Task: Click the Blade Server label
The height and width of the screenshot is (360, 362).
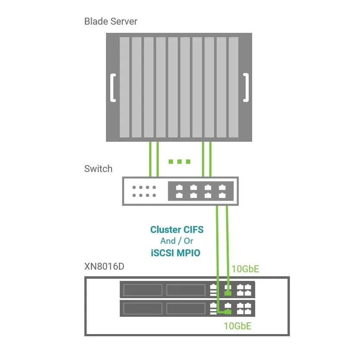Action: click(111, 21)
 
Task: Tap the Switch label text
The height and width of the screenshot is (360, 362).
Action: click(98, 169)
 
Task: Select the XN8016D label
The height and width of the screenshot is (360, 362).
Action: click(104, 266)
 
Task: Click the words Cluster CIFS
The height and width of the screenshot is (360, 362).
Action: click(176, 229)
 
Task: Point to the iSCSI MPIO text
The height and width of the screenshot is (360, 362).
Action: click(176, 253)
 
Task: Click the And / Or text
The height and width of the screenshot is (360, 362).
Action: click(176, 241)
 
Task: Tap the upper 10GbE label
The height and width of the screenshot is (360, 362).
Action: click(245, 269)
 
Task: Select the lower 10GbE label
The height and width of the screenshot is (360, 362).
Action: click(237, 326)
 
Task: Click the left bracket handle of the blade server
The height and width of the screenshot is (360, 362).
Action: click(112, 88)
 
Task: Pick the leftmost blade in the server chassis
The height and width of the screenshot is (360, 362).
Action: click(124, 86)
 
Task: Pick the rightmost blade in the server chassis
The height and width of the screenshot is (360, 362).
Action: click(234, 86)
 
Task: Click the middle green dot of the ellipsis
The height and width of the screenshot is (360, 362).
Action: click(179, 162)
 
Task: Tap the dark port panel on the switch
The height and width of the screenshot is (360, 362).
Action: click(201, 191)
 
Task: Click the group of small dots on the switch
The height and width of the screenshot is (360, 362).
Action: click(144, 191)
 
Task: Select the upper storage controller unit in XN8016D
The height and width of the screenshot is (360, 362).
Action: click(187, 290)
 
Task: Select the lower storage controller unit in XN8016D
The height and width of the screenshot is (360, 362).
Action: click(187, 308)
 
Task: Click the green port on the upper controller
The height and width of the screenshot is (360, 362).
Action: click(227, 293)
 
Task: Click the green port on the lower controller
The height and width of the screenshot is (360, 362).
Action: click(227, 312)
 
